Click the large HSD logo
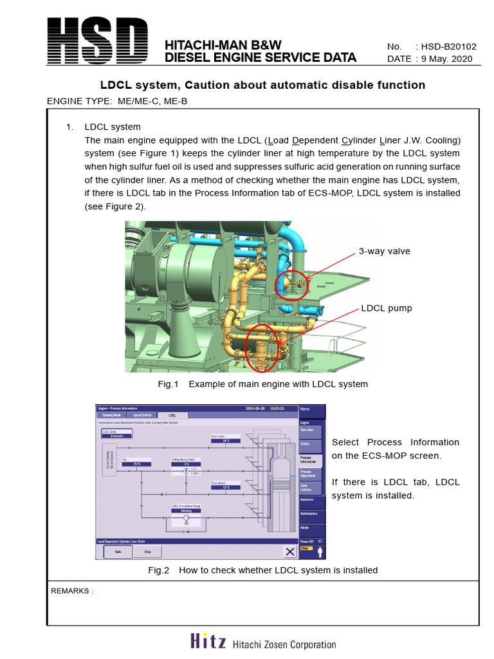click(97, 41)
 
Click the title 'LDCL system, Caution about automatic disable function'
click(262, 85)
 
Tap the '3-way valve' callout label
click(384, 251)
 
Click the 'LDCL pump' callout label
click(387, 308)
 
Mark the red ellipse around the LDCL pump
click(262, 348)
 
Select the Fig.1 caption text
click(262, 384)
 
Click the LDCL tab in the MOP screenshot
click(172, 416)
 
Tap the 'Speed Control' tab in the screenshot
click(142, 416)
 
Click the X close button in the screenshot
click(289, 552)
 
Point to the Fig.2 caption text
click(262, 570)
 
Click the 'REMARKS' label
click(71, 591)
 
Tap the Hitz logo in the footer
click(208, 642)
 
